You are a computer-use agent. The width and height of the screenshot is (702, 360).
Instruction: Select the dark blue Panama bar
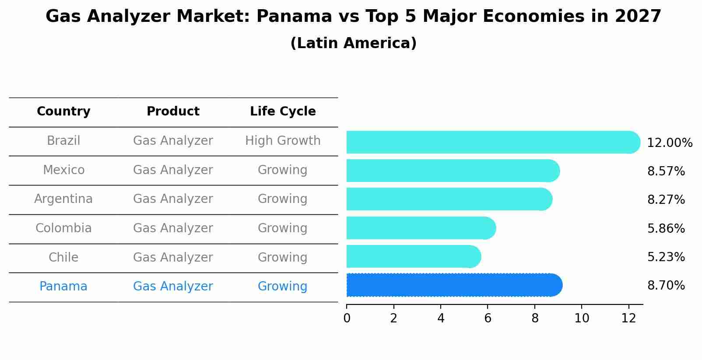click(x=453, y=285)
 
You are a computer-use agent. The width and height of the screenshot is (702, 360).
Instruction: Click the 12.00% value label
click(x=669, y=143)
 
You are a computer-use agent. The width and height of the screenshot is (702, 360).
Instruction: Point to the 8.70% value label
click(x=666, y=286)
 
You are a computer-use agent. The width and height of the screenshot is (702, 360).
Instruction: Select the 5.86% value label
click(x=666, y=228)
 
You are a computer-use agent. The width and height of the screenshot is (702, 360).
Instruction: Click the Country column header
click(x=63, y=112)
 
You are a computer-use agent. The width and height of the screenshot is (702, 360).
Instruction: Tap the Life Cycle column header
click(x=283, y=112)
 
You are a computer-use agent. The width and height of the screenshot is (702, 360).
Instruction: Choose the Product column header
click(x=173, y=112)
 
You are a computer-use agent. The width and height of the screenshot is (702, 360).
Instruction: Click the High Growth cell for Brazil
click(x=283, y=141)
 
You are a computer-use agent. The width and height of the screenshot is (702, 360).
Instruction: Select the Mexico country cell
click(x=63, y=170)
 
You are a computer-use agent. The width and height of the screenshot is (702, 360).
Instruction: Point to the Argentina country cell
click(x=63, y=199)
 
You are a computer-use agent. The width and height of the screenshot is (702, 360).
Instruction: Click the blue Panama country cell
click(x=63, y=287)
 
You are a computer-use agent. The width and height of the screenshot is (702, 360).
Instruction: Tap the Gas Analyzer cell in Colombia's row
click(x=173, y=228)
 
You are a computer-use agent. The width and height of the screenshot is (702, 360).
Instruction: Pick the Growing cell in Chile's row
click(x=283, y=257)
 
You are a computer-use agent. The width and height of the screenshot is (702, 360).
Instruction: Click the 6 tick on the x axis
click(x=488, y=318)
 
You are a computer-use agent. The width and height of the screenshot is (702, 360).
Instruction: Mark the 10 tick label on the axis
click(x=582, y=318)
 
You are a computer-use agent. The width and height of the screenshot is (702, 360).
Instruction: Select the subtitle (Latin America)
click(x=353, y=43)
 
